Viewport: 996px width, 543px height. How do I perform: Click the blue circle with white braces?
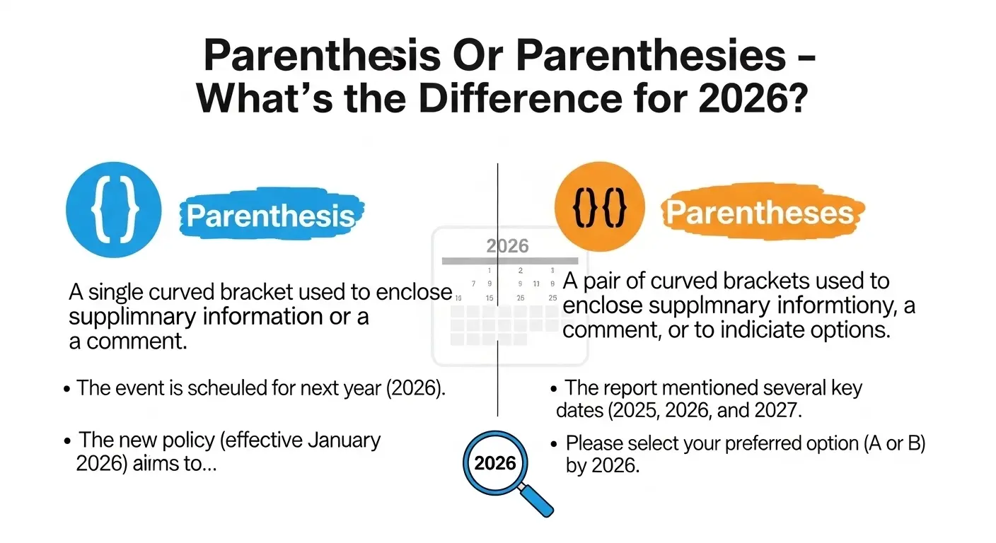113,209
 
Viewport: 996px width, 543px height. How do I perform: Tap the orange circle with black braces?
600,207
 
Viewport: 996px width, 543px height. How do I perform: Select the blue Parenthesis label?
270,216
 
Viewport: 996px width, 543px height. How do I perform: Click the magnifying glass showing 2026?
495,463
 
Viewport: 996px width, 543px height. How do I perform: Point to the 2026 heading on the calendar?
508,246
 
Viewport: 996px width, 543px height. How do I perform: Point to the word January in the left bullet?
345,440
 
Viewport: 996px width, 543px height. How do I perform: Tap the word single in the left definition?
119,292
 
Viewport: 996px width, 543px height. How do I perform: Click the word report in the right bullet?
640,388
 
